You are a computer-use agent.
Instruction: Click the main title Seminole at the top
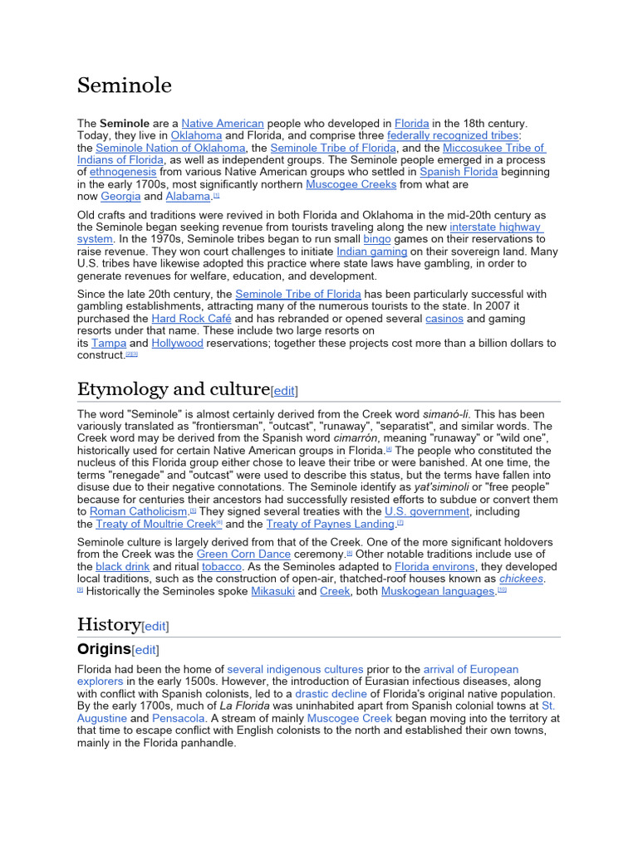click(x=125, y=85)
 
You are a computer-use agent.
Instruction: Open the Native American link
click(x=223, y=123)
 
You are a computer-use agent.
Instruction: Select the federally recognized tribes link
click(x=453, y=135)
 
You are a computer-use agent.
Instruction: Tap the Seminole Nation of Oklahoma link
click(x=171, y=148)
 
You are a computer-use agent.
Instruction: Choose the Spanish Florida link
click(x=459, y=172)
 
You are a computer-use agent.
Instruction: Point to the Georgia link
click(x=120, y=197)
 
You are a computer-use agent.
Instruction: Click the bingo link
click(x=376, y=239)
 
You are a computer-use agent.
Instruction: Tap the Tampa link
click(x=109, y=343)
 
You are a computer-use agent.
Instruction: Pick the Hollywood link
click(x=177, y=343)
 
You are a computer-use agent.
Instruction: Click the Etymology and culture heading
click(x=174, y=389)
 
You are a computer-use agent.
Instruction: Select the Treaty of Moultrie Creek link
click(x=155, y=524)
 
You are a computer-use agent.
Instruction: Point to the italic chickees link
click(x=521, y=579)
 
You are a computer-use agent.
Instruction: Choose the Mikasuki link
click(x=272, y=591)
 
